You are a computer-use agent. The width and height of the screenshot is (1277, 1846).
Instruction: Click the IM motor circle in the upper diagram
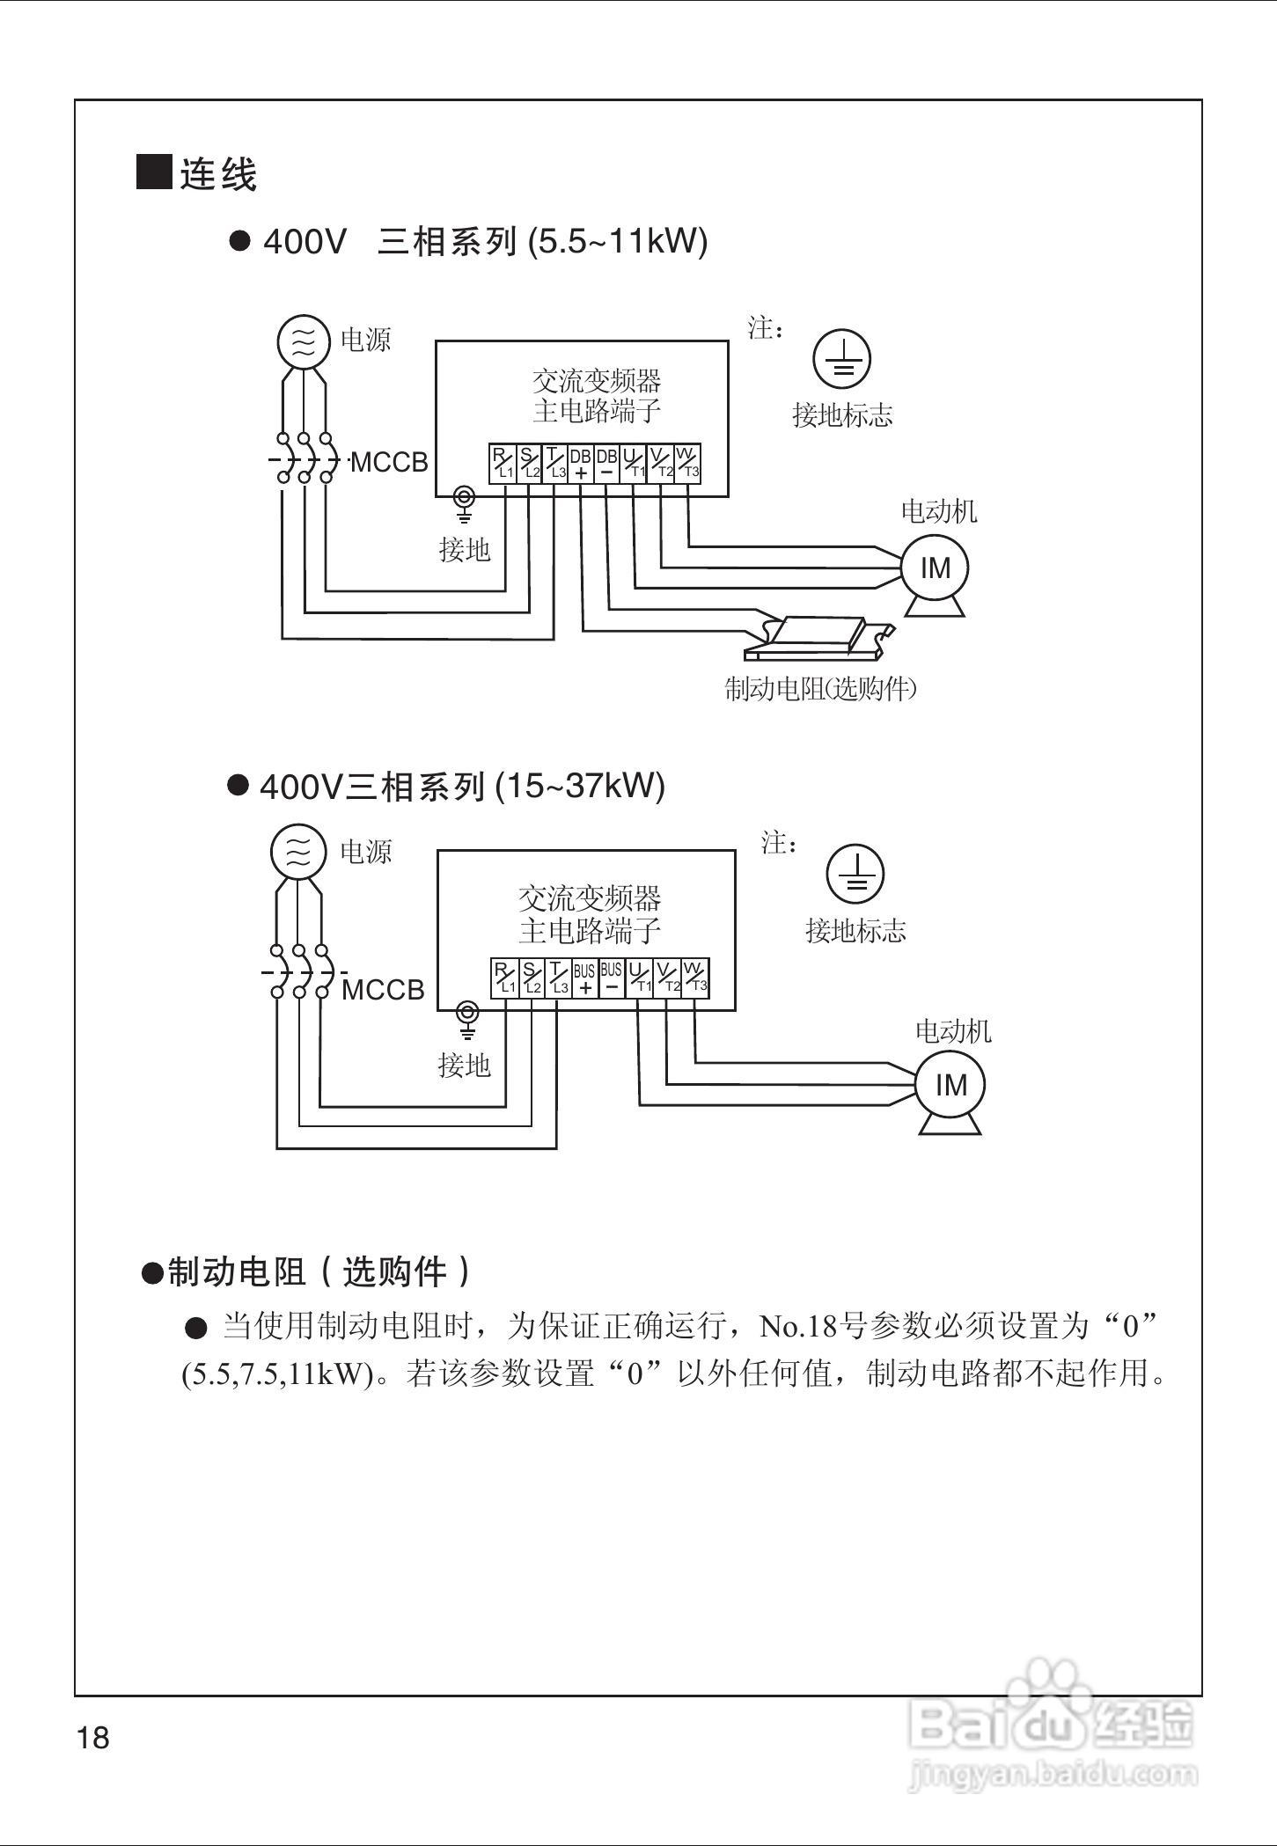click(935, 568)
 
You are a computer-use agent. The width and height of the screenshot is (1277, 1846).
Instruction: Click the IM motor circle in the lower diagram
click(950, 1085)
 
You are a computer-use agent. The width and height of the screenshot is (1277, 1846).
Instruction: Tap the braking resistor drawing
click(818, 636)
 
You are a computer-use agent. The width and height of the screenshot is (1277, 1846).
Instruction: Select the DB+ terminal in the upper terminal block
click(581, 463)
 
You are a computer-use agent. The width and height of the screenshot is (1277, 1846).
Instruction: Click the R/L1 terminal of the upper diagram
click(503, 463)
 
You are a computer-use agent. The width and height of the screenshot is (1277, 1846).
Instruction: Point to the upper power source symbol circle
click(303, 341)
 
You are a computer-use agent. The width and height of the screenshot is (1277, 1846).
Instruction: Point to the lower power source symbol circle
click(298, 852)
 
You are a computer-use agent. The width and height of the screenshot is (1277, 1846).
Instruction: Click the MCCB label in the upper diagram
click(389, 462)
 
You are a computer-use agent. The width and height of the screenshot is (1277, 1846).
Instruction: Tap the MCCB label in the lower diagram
click(383, 990)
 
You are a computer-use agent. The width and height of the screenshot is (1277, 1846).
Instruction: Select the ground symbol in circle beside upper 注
click(841, 359)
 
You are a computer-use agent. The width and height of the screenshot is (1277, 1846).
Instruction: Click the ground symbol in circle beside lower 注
click(855, 874)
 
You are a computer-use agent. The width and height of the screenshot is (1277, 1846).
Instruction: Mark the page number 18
click(93, 1739)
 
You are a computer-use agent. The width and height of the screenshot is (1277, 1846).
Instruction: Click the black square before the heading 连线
click(154, 172)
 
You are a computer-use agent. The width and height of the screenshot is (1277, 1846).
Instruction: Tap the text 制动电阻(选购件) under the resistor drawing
click(820, 689)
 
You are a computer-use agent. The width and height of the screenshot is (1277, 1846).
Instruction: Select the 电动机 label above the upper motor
click(938, 511)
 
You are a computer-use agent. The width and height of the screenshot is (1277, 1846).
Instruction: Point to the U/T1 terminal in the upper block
click(634, 463)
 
